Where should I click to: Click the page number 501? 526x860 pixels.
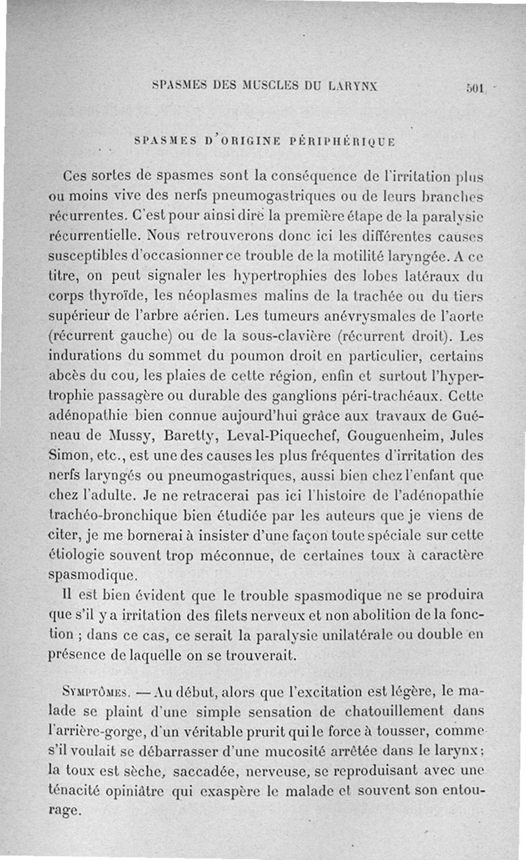(x=474, y=87)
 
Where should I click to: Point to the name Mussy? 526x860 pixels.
(x=128, y=436)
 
